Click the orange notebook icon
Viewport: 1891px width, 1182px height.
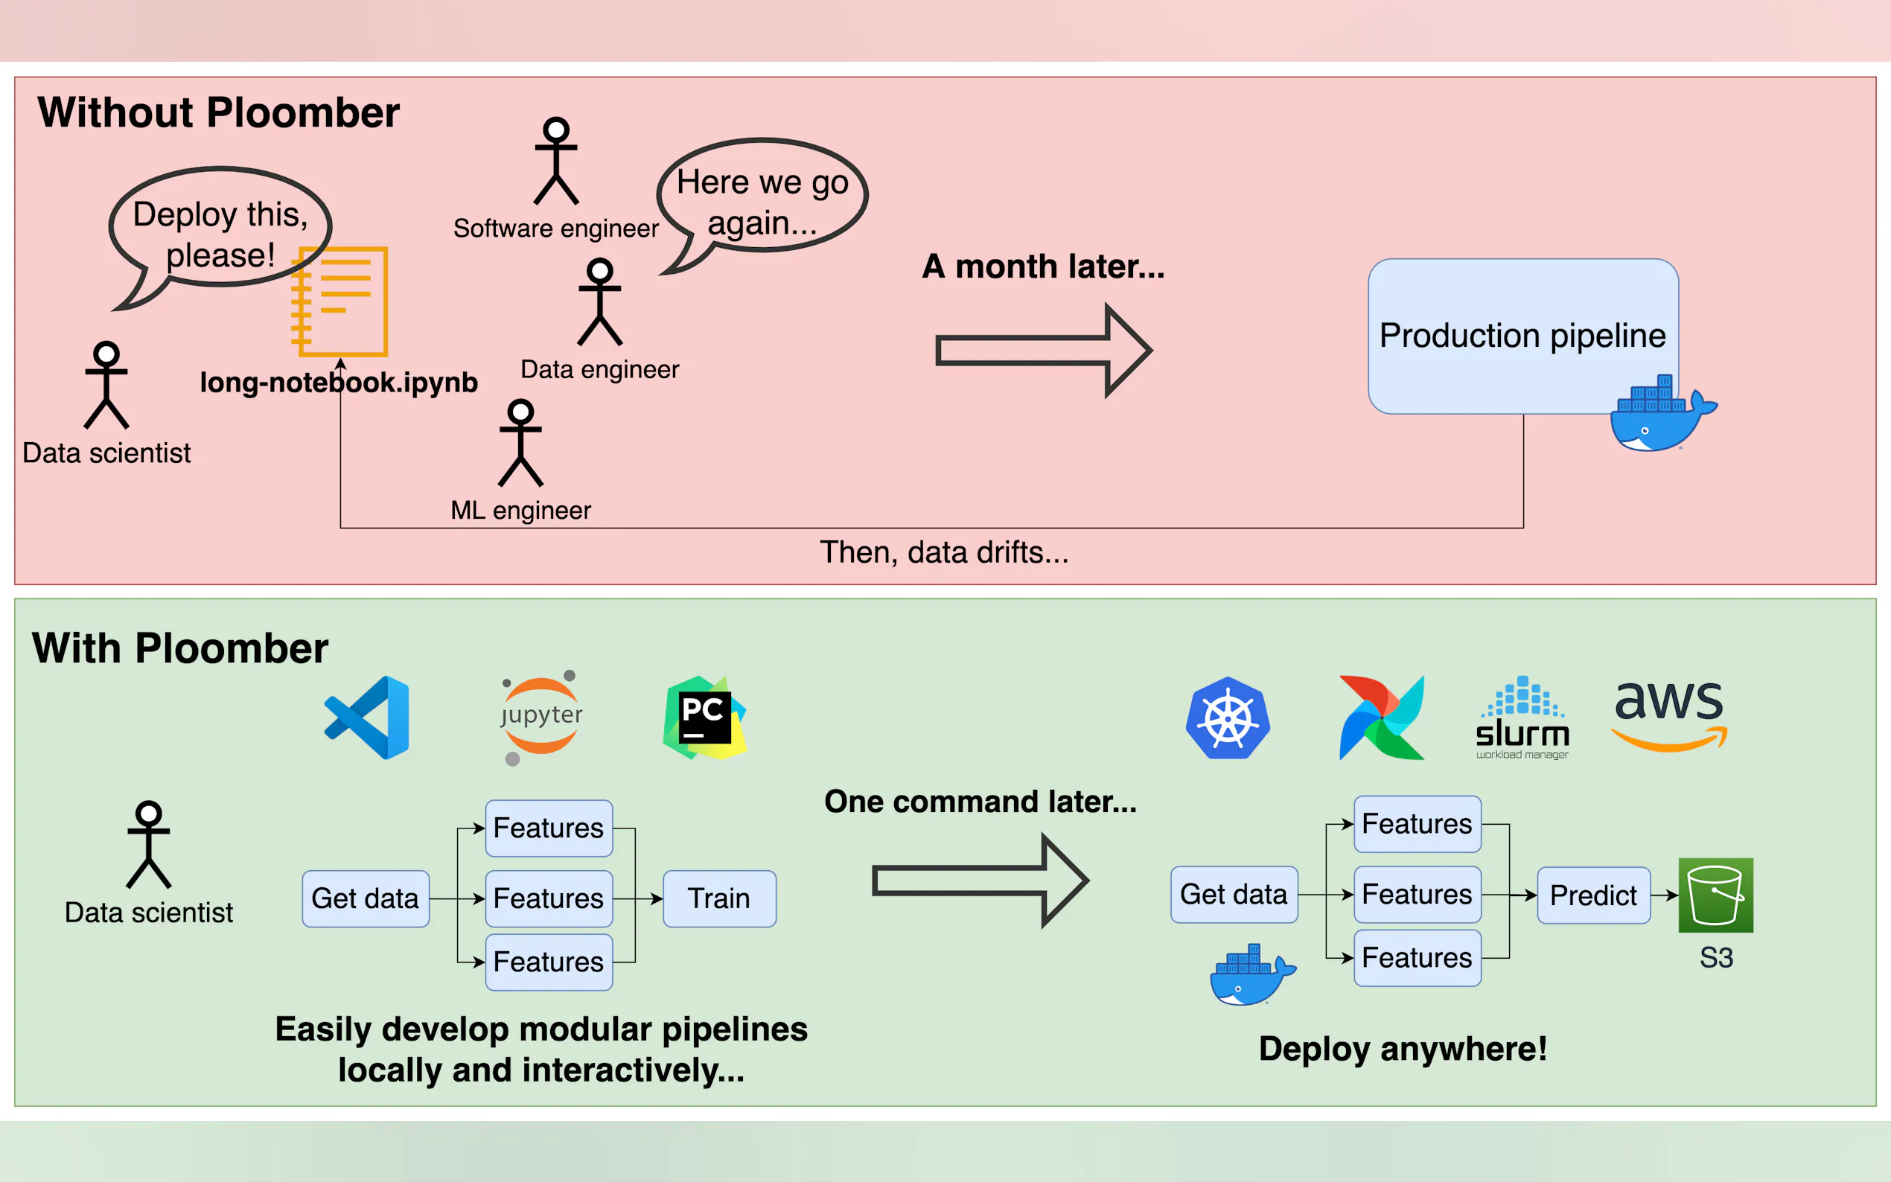click(x=341, y=301)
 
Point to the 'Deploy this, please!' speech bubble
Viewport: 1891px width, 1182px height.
click(x=220, y=229)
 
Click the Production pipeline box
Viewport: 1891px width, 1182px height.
click(x=1522, y=336)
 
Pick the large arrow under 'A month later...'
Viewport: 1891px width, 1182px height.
click(x=1043, y=351)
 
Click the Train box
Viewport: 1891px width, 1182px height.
click(x=719, y=898)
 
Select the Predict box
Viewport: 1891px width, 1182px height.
click(x=1593, y=895)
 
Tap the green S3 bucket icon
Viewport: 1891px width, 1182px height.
click(x=1715, y=895)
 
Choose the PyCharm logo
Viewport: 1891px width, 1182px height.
click(x=704, y=717)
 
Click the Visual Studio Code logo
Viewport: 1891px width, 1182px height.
click(x=368, y=717)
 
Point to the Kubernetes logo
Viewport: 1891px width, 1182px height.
click(x=1228, y=717)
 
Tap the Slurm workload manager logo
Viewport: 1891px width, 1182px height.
click(x=1522, y=718)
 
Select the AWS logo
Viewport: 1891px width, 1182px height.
click(x=1670, y=715)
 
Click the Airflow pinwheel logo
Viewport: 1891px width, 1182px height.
click(x=1381, y=717)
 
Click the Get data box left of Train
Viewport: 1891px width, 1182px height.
click(x=365, y=898)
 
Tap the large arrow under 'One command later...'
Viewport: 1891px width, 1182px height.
click(x=980, y=881)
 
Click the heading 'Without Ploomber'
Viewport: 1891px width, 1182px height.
click(x=218, y=112)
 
